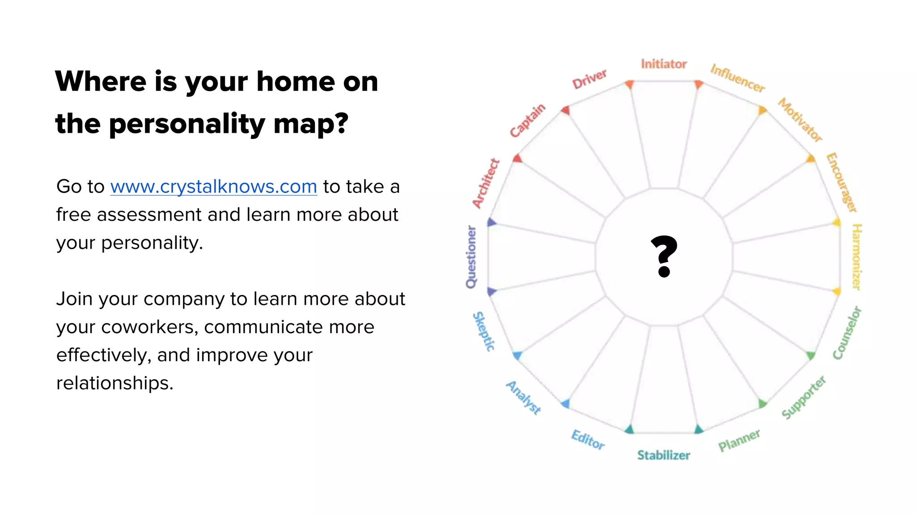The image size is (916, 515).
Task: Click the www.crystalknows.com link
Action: (213, 187)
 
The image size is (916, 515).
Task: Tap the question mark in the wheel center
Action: (664, 256)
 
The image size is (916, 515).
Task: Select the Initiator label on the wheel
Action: (664, 64)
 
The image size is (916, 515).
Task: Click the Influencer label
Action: (738, 78)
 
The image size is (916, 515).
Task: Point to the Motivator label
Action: (800, 119)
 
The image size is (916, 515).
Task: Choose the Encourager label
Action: (841, 182)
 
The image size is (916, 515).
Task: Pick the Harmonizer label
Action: (857, 257)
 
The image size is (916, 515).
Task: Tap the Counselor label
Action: (847, 333)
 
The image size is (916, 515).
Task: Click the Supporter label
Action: (804, 397)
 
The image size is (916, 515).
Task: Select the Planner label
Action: (739, 440)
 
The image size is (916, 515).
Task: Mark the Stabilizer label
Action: (664, 455)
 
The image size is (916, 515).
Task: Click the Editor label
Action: (588, 439)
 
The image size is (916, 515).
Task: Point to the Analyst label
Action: (524, 397)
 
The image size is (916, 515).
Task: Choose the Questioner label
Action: (471, 257)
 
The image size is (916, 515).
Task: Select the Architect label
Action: (486, 183)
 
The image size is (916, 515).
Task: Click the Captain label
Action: (528, 120)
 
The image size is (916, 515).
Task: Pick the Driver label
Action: (589, 79)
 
